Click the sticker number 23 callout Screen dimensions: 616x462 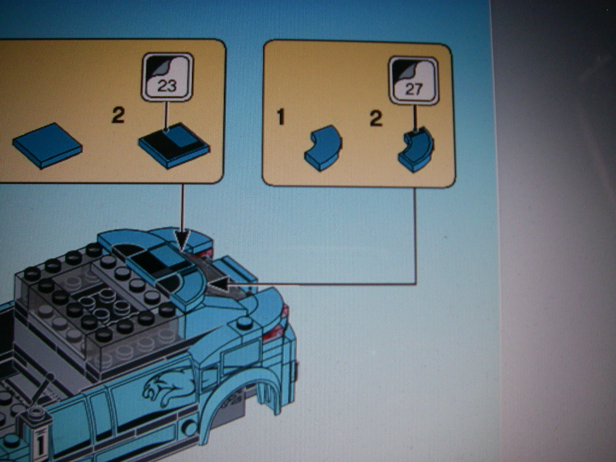(x=167, y=78)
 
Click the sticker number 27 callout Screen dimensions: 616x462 (x=413, y=81)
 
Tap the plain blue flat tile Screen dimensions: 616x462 (x=47, y=146)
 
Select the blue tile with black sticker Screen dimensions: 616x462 (x=174, y=146)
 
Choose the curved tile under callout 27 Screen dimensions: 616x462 (x=416, y=149)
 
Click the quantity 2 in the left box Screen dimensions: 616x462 (x=118, y=115)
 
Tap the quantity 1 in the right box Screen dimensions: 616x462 (x=280, y=117)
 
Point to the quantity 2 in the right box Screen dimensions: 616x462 (x=376, y=119)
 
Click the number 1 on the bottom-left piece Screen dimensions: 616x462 (x=40, y=443)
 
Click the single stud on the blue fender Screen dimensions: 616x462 (x=244, y=323)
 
